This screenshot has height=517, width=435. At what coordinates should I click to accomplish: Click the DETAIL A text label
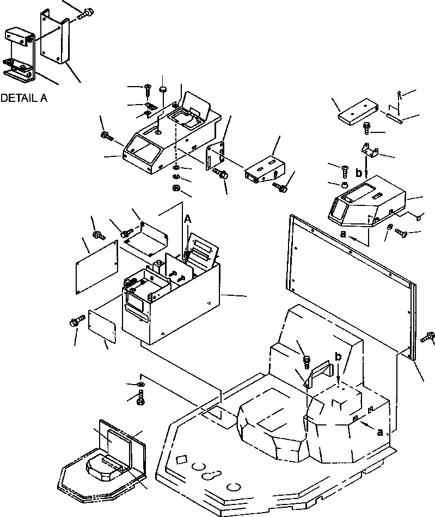(24, 99)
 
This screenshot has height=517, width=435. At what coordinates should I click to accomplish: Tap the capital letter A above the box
(188, 218)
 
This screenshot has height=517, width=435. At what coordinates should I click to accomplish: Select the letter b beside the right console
(358, 173)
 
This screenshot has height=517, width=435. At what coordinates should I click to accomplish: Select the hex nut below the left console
(176, 188)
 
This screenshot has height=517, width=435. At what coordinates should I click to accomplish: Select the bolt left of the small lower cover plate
(75, 322)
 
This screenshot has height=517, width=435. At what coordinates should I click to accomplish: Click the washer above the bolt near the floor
(141, 386)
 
